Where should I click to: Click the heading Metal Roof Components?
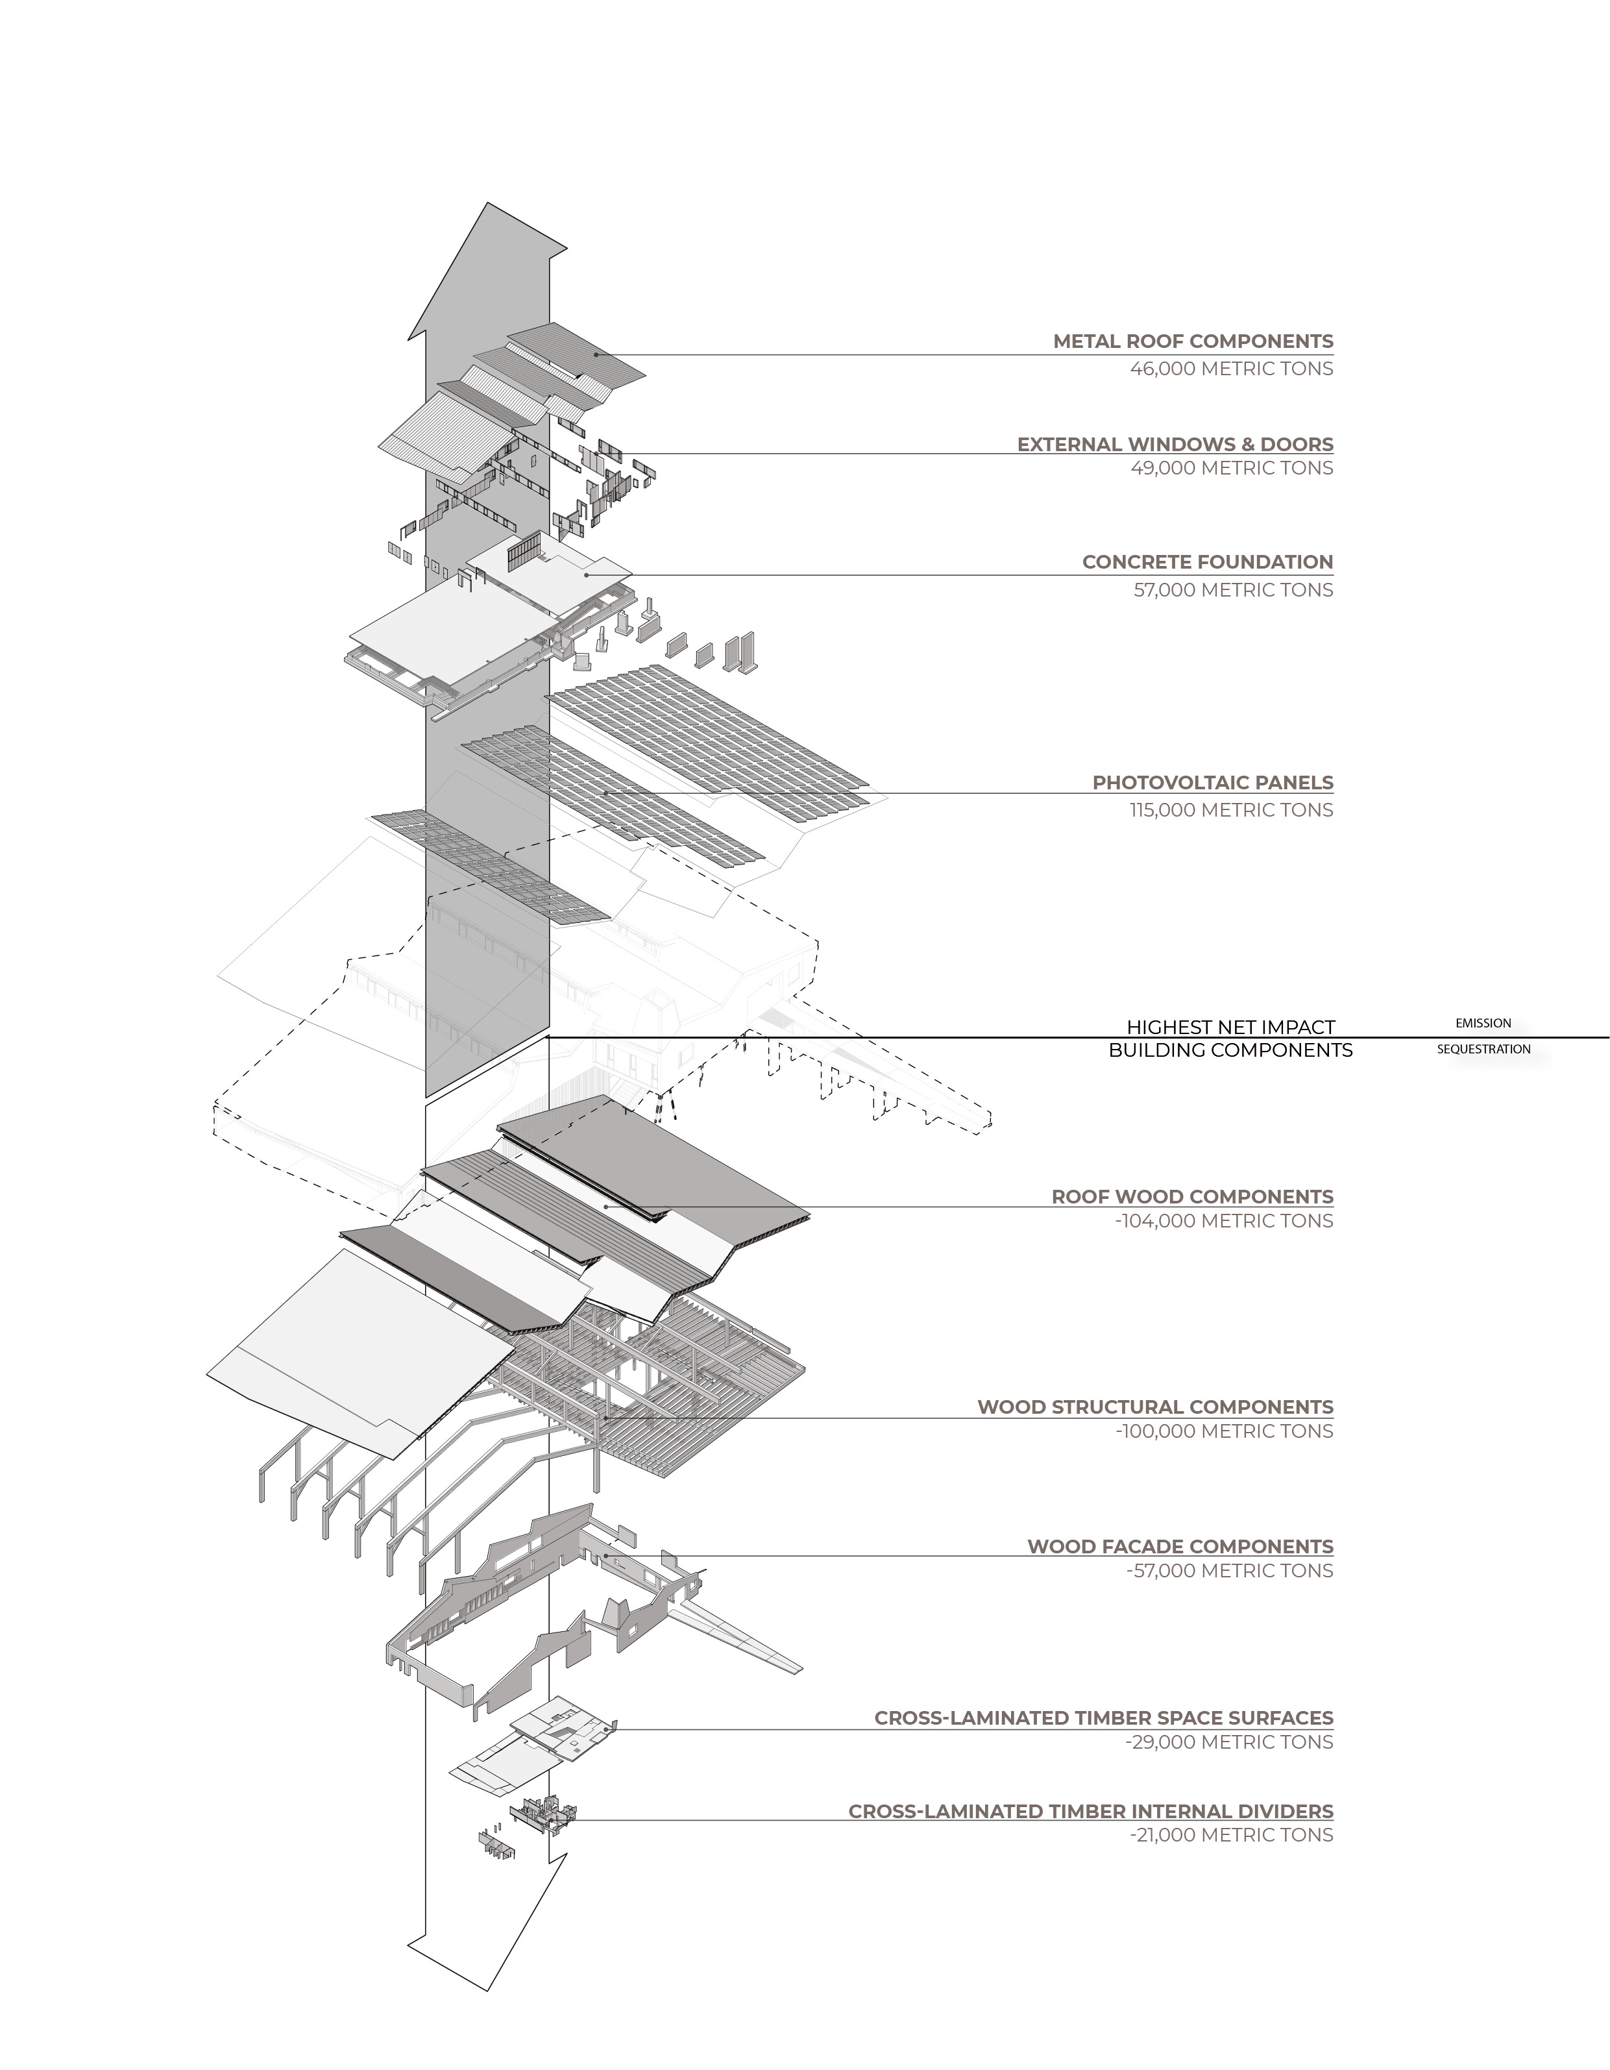click(1192, 341)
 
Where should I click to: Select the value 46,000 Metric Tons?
click(1231, 369)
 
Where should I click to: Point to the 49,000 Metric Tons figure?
click(1231, 468)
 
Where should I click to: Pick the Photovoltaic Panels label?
click(1212, 783)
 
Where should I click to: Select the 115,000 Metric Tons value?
click(1231, 810)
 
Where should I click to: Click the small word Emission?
click(1483, 1024)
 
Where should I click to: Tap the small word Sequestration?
click(1483, 1049)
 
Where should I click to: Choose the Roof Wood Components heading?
click(1192, 1197)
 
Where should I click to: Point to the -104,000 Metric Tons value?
click(1225, 1222)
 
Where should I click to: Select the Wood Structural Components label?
click(1155, 1407)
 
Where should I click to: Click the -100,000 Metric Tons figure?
click(1225, 1432)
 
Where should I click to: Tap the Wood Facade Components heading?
click(1180, 1547)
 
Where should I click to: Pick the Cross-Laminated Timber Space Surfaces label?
click(1103, 1718)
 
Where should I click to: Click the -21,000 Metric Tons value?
click(1231, 1836)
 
